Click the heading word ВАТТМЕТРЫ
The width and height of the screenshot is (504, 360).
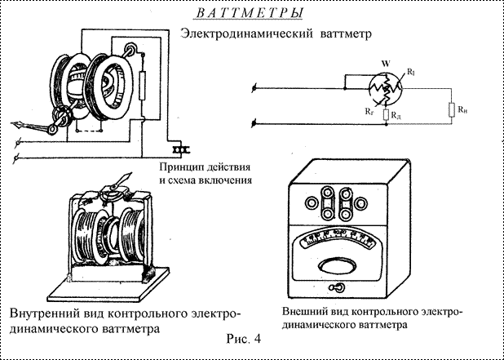[252, 14]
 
